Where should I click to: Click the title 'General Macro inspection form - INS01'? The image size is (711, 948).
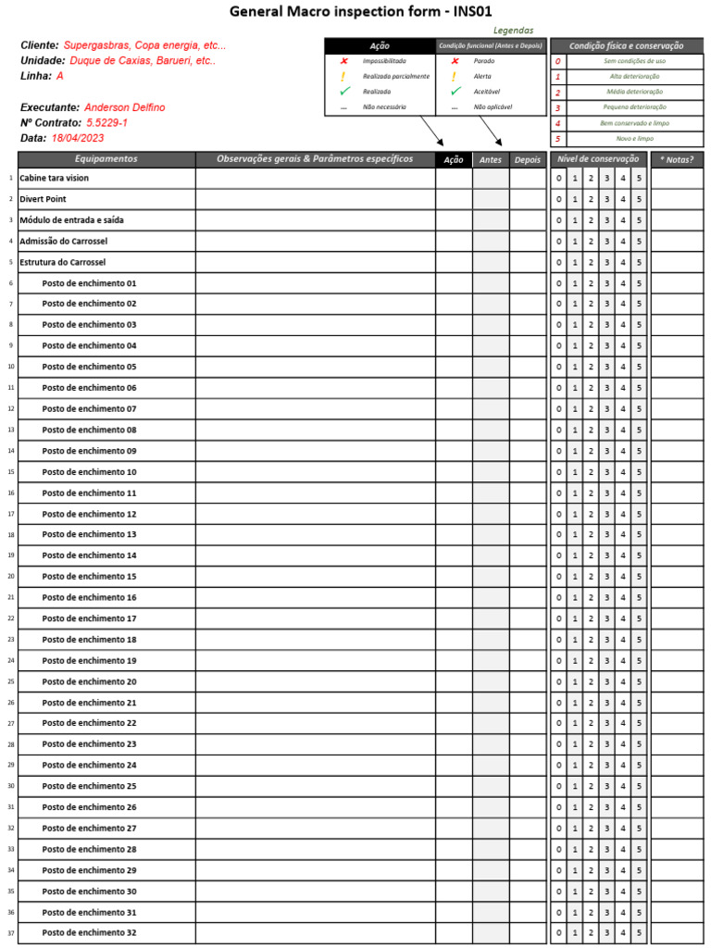[x=360, y=11]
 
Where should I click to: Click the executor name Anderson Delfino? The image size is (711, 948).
[x=124, y=107]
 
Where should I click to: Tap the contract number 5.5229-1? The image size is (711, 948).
[x=106, y=123]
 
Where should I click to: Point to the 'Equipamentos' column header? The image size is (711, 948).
[x=106, y=159]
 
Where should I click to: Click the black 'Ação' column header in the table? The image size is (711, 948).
[x=454, y=159]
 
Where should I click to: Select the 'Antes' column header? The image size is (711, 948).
[x=491, y=159]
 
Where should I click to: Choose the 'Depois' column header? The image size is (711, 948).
[x=528, y=159]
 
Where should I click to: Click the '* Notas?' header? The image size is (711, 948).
[x=677, y=159]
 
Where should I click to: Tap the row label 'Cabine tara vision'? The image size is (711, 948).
[x=54, y=178]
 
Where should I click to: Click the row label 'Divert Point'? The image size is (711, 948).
[x=43, y=199]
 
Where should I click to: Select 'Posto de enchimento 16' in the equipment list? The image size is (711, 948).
[x=89, y=598]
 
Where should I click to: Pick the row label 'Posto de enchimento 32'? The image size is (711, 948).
[x=89, y=933]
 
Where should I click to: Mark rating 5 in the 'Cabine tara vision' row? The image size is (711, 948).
[x=639, y=179]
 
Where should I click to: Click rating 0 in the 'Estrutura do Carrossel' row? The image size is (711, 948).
[x=558, y=262]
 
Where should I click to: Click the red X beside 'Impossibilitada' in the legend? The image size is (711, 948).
[x=344, y=61]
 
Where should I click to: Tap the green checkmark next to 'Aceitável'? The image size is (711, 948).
[x=455, y=92]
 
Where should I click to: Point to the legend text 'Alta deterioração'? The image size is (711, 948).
[x=634, y=77]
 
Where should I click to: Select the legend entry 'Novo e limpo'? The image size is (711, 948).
[x=634, y=139]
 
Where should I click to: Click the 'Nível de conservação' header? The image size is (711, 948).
[x=598, y=159]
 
